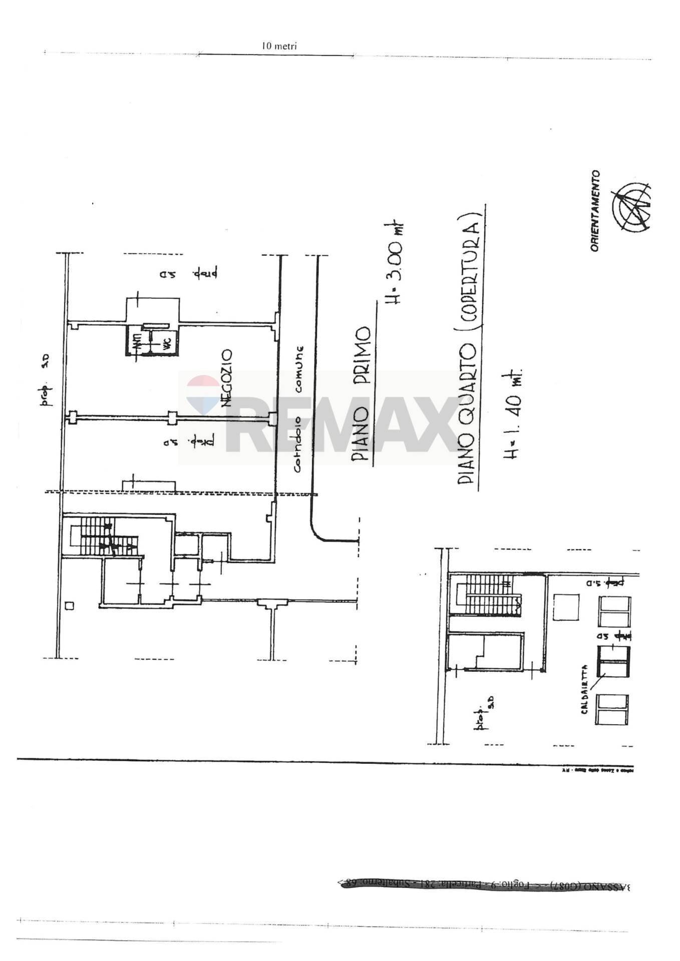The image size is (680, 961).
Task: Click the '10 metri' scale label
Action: [279, 46]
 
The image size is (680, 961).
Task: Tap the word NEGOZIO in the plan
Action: [226, 378]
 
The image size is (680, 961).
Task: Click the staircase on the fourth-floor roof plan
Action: [488, 595]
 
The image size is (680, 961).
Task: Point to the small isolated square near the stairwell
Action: [70, 606]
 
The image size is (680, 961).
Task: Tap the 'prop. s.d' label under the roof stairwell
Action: [484, 717]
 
